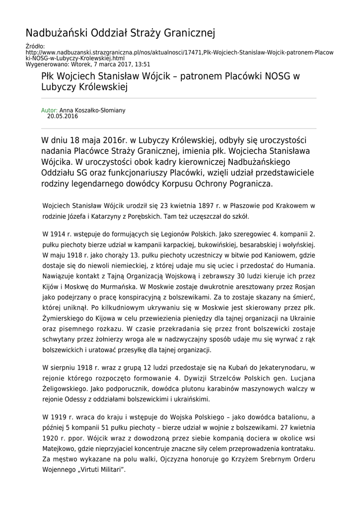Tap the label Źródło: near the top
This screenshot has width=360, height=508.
tap(35, 46)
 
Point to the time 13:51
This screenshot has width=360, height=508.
tap(142, 64)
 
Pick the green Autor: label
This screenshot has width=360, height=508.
tap(49, 110)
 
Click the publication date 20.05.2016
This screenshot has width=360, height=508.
tap(63, 117)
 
